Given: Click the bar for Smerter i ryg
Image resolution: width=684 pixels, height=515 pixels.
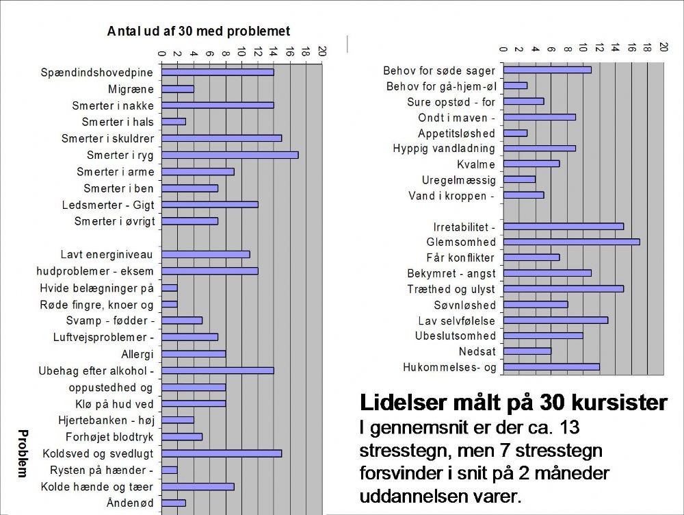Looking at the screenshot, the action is click(x=230, y=155).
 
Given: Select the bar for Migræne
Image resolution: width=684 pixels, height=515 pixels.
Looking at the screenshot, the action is click(x=178, y=89).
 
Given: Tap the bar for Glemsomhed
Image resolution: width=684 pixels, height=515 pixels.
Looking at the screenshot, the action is click(x=571, y=242).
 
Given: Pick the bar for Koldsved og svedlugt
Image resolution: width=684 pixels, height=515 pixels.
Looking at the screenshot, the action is click(x=222, y=453).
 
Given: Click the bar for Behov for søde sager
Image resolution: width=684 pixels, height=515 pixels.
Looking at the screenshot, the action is click(x=547, y=70).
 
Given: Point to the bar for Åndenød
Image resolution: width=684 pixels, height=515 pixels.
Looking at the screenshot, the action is click(x=174, y=503).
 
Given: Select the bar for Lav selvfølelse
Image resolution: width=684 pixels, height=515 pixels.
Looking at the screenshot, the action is click(x=555, y=321).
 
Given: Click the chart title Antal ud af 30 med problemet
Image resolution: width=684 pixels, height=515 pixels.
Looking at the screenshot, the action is click(x=198, y=32).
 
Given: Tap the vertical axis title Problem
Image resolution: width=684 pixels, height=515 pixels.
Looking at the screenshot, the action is click(x=23, y=453).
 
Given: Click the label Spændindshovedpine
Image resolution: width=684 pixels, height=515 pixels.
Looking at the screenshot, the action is click(x=97, y=73).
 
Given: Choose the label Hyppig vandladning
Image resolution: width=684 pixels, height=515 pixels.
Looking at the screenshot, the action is click(x=444, y=149).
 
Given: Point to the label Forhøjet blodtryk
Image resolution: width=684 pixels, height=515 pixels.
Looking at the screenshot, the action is click(x=109, y=437).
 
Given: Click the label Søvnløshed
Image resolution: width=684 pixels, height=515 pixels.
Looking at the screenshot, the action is click(x=464, y=305).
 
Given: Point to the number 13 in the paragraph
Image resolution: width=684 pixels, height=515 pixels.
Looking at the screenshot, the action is click(x=568, y=427).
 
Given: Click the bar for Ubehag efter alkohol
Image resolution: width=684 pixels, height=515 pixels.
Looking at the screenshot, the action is click(x=218, y=371).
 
